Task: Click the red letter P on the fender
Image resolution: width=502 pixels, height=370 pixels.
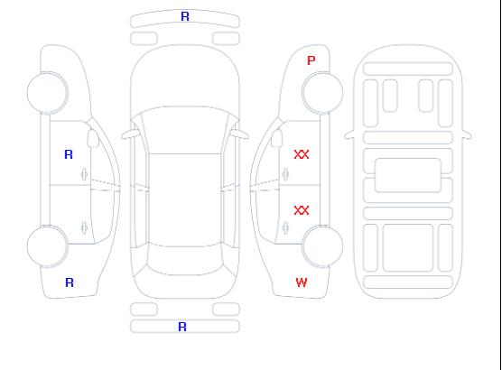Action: [311, 60]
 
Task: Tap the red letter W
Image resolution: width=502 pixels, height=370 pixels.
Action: [302, 282]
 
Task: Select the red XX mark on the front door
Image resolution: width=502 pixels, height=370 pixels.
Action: [302, 154]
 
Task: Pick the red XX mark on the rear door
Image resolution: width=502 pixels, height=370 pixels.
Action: [302, 210]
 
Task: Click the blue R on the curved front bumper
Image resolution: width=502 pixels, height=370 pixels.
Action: [185, 16]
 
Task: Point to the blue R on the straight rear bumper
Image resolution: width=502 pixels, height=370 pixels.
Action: [182, 327]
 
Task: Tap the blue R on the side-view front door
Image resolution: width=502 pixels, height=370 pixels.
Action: [69, 154]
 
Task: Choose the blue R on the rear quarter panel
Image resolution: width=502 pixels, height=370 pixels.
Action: [70, 282]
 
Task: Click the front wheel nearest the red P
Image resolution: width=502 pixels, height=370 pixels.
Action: [322, 93]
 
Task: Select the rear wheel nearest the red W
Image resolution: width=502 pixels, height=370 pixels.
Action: [322, 246]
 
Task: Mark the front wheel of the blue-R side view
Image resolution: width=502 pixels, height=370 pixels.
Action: [47, 93]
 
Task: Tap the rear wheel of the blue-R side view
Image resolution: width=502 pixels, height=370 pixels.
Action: [47, 246]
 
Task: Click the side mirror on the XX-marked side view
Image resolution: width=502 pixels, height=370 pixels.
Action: [276, 138]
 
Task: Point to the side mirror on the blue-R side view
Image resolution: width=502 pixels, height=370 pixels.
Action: [93, 138]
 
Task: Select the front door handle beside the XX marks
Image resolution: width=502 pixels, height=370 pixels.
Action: [285, 174]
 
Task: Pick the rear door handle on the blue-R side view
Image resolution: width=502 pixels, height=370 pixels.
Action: [84, 227]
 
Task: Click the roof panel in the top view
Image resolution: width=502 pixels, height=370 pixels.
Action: [185, 200]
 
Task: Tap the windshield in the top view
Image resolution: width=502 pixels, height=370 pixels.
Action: [185, 130]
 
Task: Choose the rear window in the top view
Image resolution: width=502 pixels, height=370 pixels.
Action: [185, 261]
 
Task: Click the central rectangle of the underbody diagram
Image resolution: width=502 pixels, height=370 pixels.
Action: [408, 175]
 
